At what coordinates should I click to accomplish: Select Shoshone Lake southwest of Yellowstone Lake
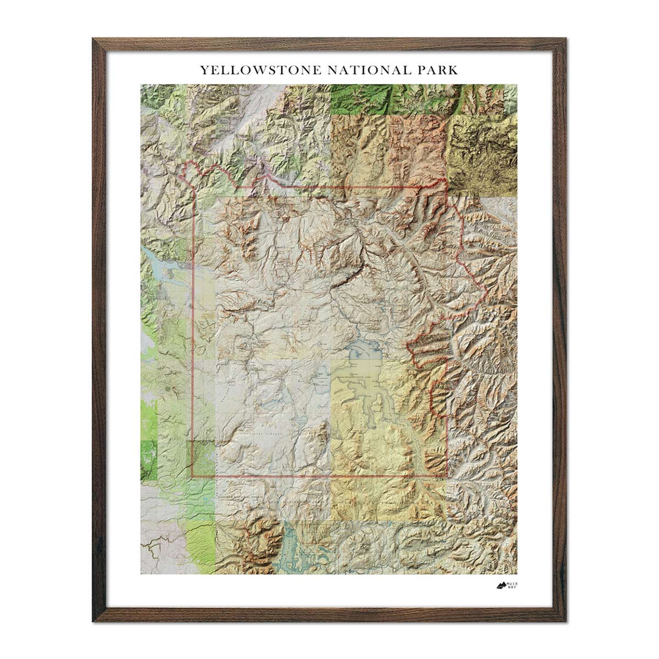[318, 378]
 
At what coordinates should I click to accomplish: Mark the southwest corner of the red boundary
[192, 476]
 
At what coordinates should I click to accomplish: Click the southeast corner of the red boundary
[446, 476]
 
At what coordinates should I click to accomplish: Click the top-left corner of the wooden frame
[95, 40]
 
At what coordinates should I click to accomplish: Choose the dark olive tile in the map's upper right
[482, 148]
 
